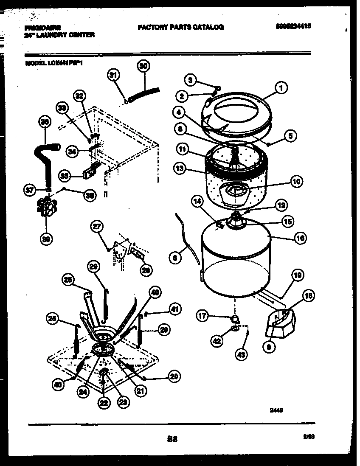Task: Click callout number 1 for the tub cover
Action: tap(281, 88)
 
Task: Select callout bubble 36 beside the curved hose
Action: tap(44, 123)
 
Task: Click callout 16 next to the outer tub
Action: tap(300, 238)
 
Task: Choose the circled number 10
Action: tap(295, 182)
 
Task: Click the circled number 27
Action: tap(97, 227)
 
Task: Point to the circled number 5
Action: tap(290, 136)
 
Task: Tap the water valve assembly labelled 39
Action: tap(46, 207)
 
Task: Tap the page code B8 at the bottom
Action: tap(172, 440)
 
